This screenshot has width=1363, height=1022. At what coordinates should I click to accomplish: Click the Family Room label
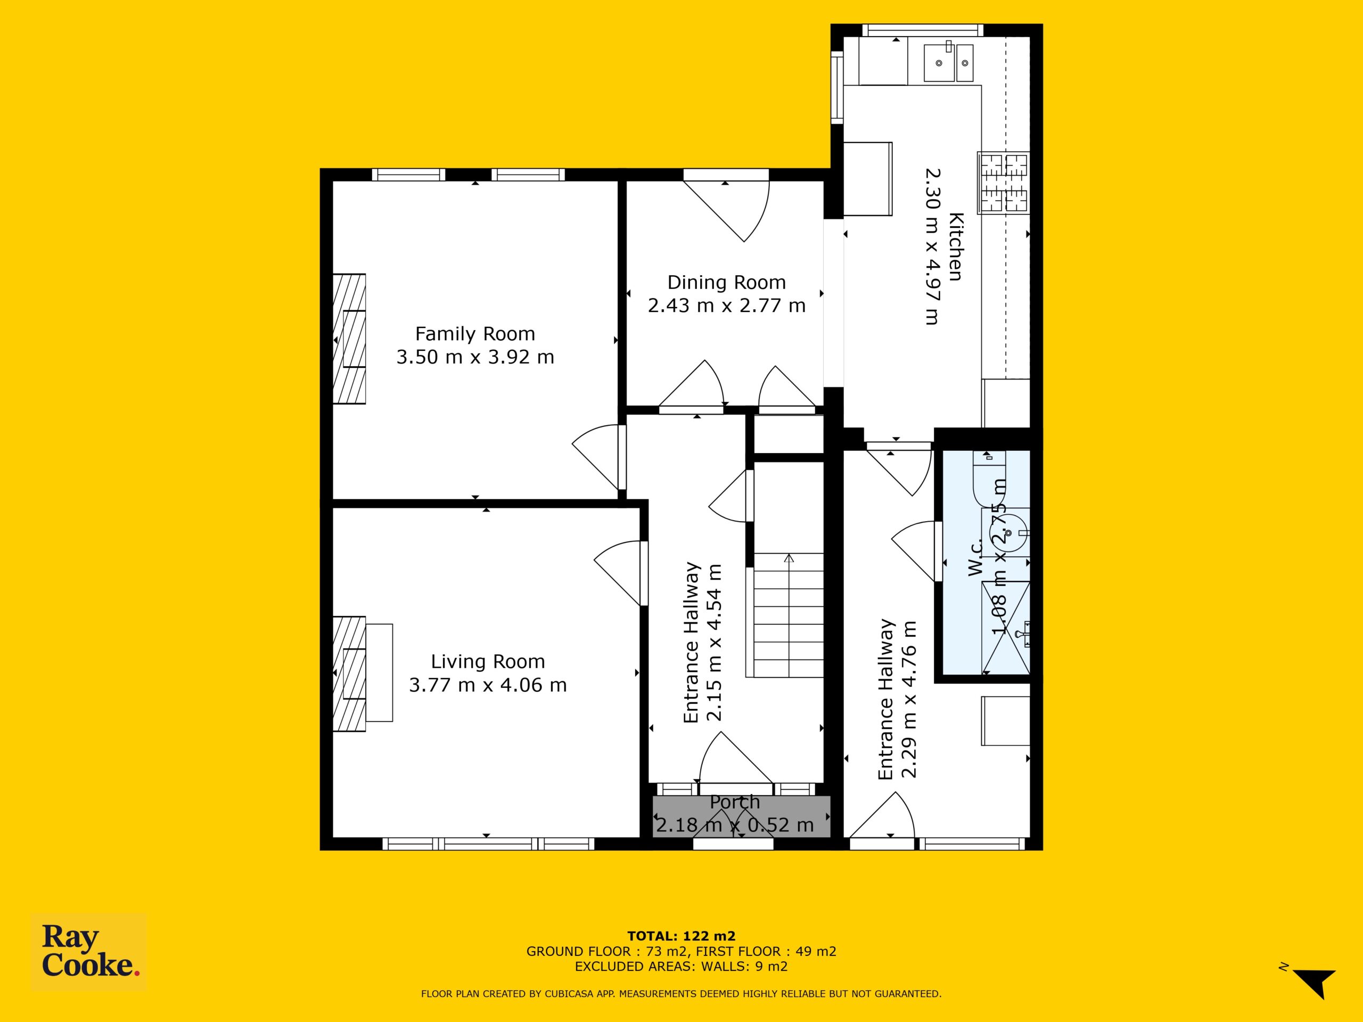pyautogui.click(x=474, y=334)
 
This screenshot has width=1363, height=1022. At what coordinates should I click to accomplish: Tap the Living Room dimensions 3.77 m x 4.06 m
pyautogui.click(x=487, y=685)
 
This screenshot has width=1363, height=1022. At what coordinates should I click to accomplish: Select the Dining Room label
pyautogui.click(x=726, y=283)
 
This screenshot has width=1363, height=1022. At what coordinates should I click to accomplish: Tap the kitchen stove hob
pyautogui.click(x=1003, y=183)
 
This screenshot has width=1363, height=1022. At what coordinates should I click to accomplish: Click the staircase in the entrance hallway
pyautogui.click(x=788, y=615)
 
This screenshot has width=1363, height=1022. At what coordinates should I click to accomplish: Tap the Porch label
pyautogui.click(x=735, y=802)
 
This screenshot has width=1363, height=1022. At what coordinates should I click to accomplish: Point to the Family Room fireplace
pyautogui.click(x=349, y=339)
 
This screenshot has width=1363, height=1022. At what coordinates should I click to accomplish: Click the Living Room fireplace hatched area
pyautogui.click(x=349, y=674)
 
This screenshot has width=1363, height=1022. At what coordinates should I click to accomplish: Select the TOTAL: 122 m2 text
pyautogui.click(x=681, y=937)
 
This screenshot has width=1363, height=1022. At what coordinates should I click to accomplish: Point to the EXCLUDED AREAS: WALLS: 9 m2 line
pyautogui.click(x=681, y=967)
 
